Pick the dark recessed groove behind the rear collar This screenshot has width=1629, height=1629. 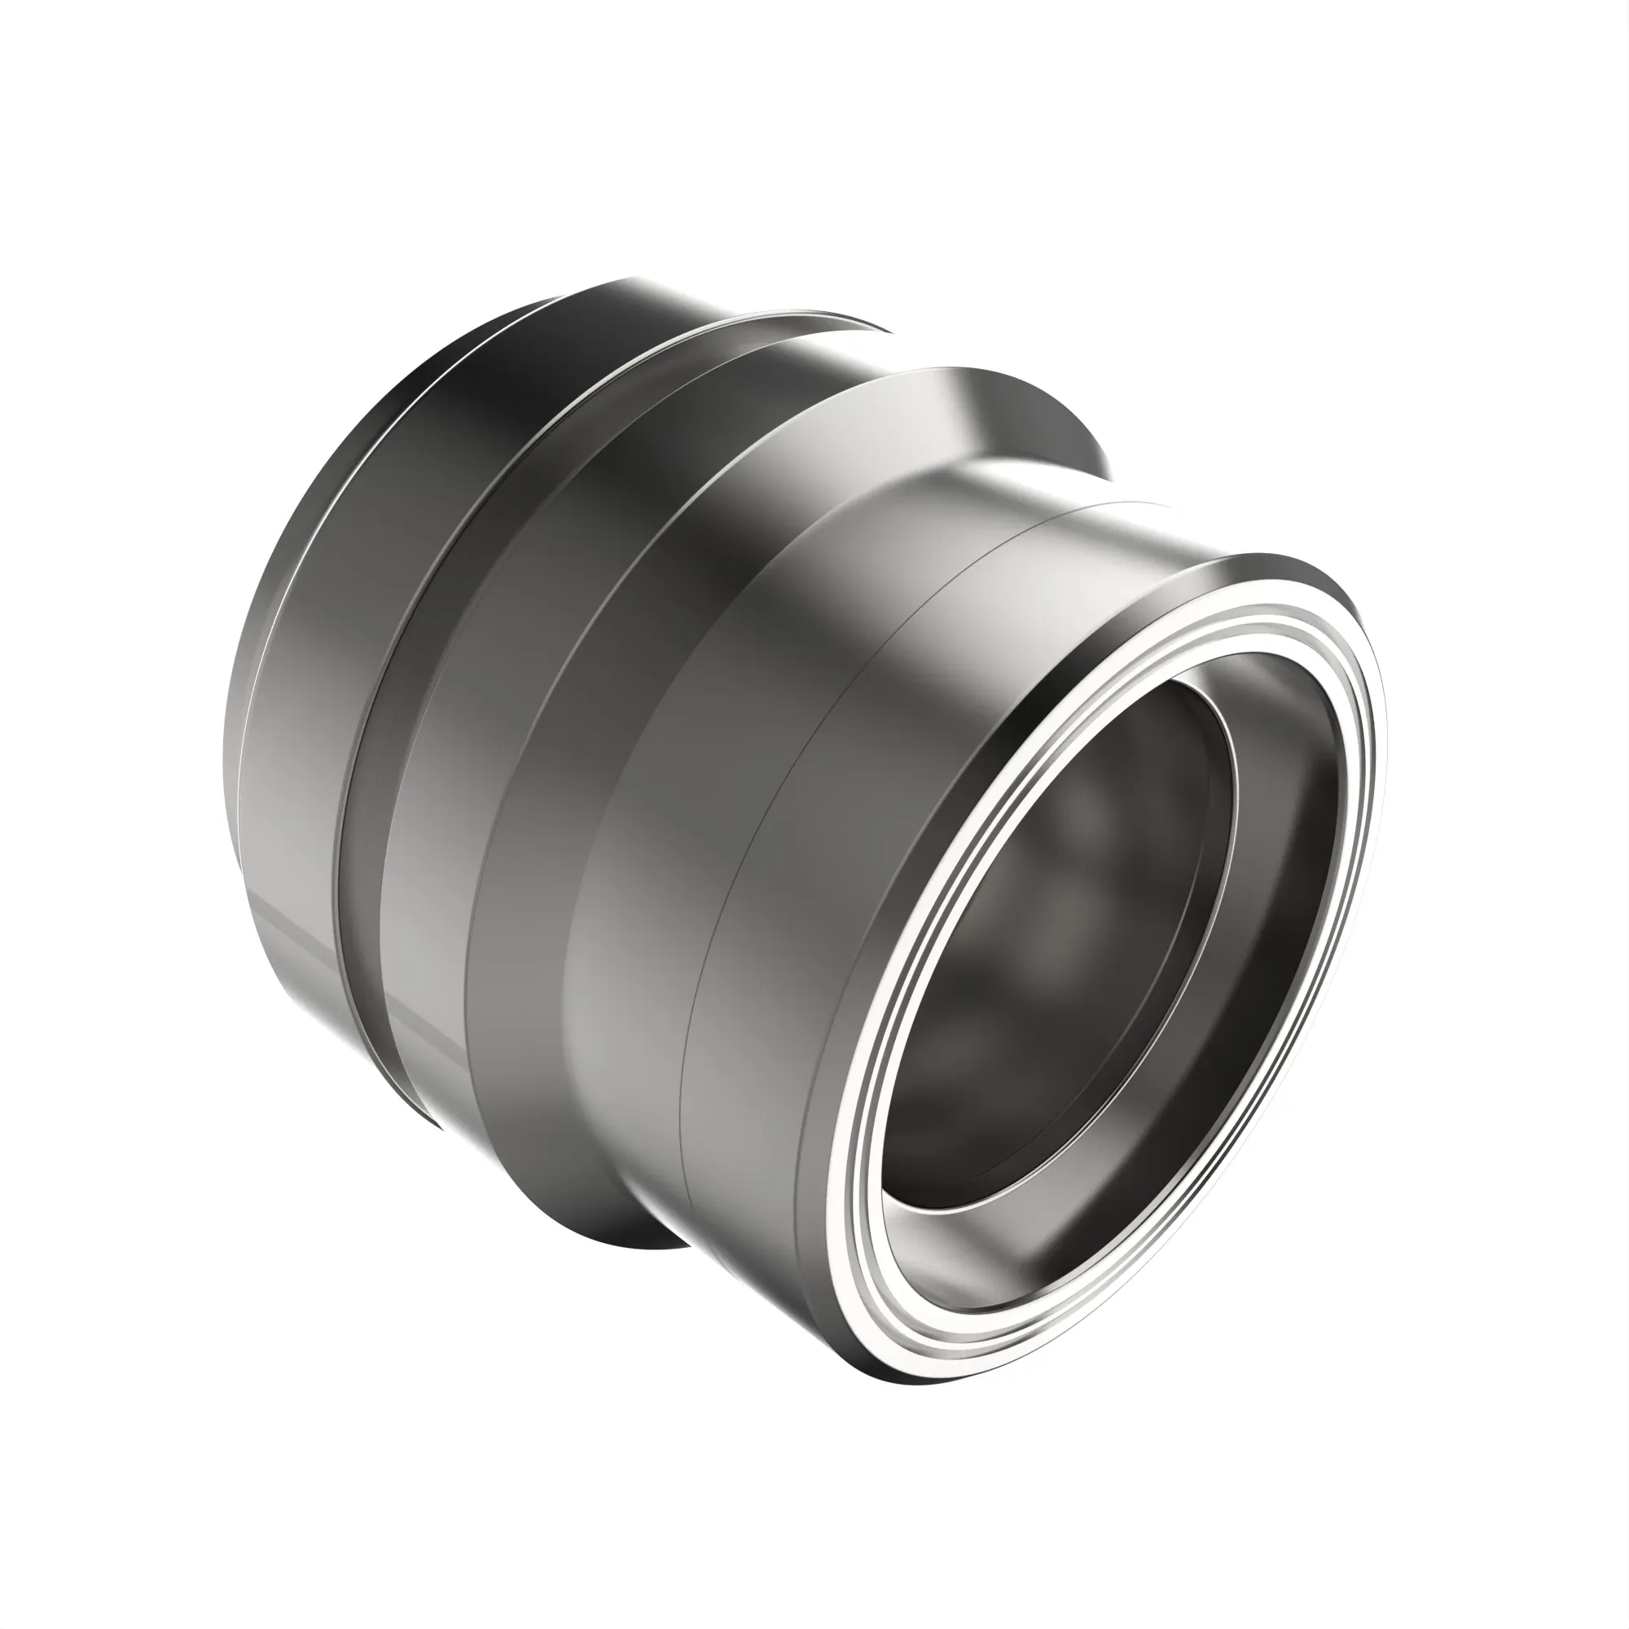tap(358, 843)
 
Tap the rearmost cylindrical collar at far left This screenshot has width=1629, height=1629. tap(295, 759)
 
